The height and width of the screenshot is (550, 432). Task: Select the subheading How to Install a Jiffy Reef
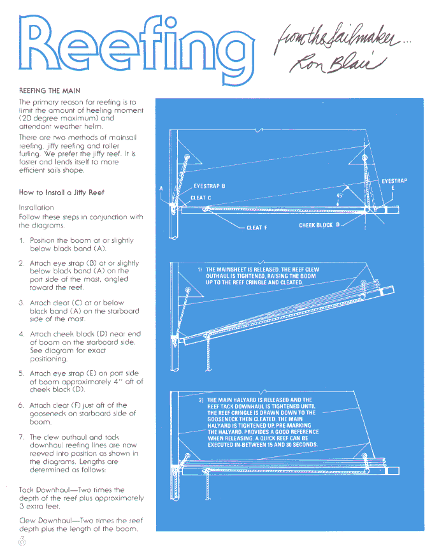click(61, 192)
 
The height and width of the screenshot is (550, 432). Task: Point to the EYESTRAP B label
click(210, 186)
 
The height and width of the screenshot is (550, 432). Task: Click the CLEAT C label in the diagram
click(201, 198)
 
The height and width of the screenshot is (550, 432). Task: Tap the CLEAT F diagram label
click(257, 228)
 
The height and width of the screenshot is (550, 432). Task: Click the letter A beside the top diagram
click(161, 188)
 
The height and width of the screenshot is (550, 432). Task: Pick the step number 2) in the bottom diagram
click(201, 400)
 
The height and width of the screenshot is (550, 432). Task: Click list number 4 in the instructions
click(22, 334)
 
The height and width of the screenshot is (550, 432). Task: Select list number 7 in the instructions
click(22, 437)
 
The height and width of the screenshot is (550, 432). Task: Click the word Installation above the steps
click(36, 208)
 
